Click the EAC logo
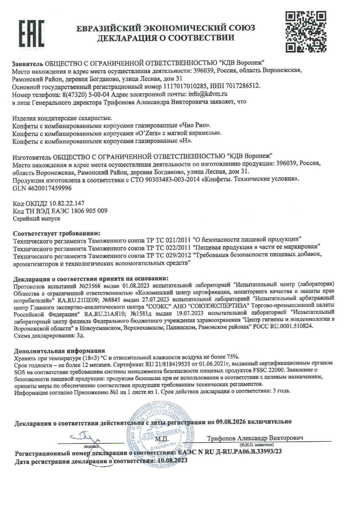point(32,34)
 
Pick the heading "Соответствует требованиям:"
point(57,233)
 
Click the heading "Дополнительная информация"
point(60,351)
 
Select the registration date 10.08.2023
point(172,461)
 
